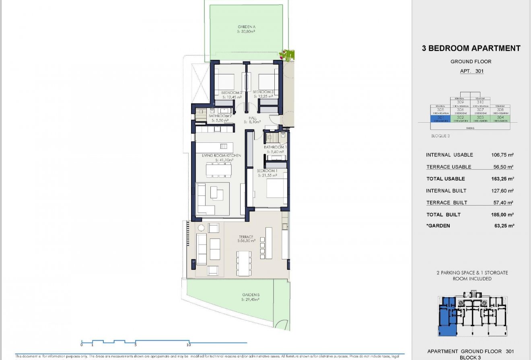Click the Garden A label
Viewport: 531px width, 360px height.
point(247,27)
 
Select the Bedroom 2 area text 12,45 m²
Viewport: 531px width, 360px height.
point(232,97)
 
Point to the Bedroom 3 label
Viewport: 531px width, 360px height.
point(263,93)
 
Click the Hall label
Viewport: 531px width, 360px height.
point(253,118)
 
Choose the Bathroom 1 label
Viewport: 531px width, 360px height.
point(275,147)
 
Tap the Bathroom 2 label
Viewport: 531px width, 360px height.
point(220,116)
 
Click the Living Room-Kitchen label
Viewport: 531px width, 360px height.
point(222,155)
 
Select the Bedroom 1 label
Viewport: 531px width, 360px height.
point(267,171)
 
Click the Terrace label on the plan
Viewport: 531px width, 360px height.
point(246,237)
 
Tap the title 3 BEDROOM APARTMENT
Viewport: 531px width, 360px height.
point(471,49)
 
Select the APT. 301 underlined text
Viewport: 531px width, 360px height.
point(471,71)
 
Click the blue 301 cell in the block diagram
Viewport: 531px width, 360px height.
point(439,119)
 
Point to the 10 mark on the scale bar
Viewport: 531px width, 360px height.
point(189,345)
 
